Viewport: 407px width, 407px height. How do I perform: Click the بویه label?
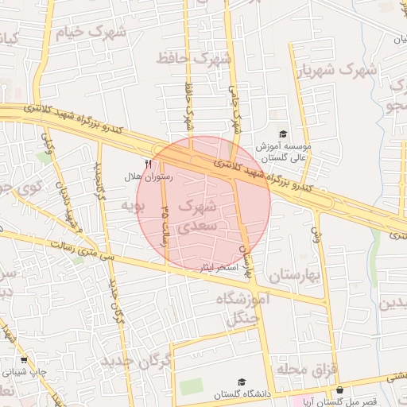coord(132,206)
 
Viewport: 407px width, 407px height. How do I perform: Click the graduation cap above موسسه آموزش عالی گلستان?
coord(284,134)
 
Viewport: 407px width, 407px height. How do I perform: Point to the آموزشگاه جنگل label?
coord(244,309)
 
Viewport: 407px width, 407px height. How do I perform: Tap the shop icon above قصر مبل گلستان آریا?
coord(341,390)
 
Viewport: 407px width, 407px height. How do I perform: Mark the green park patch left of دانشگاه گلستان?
coord(190,387)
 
